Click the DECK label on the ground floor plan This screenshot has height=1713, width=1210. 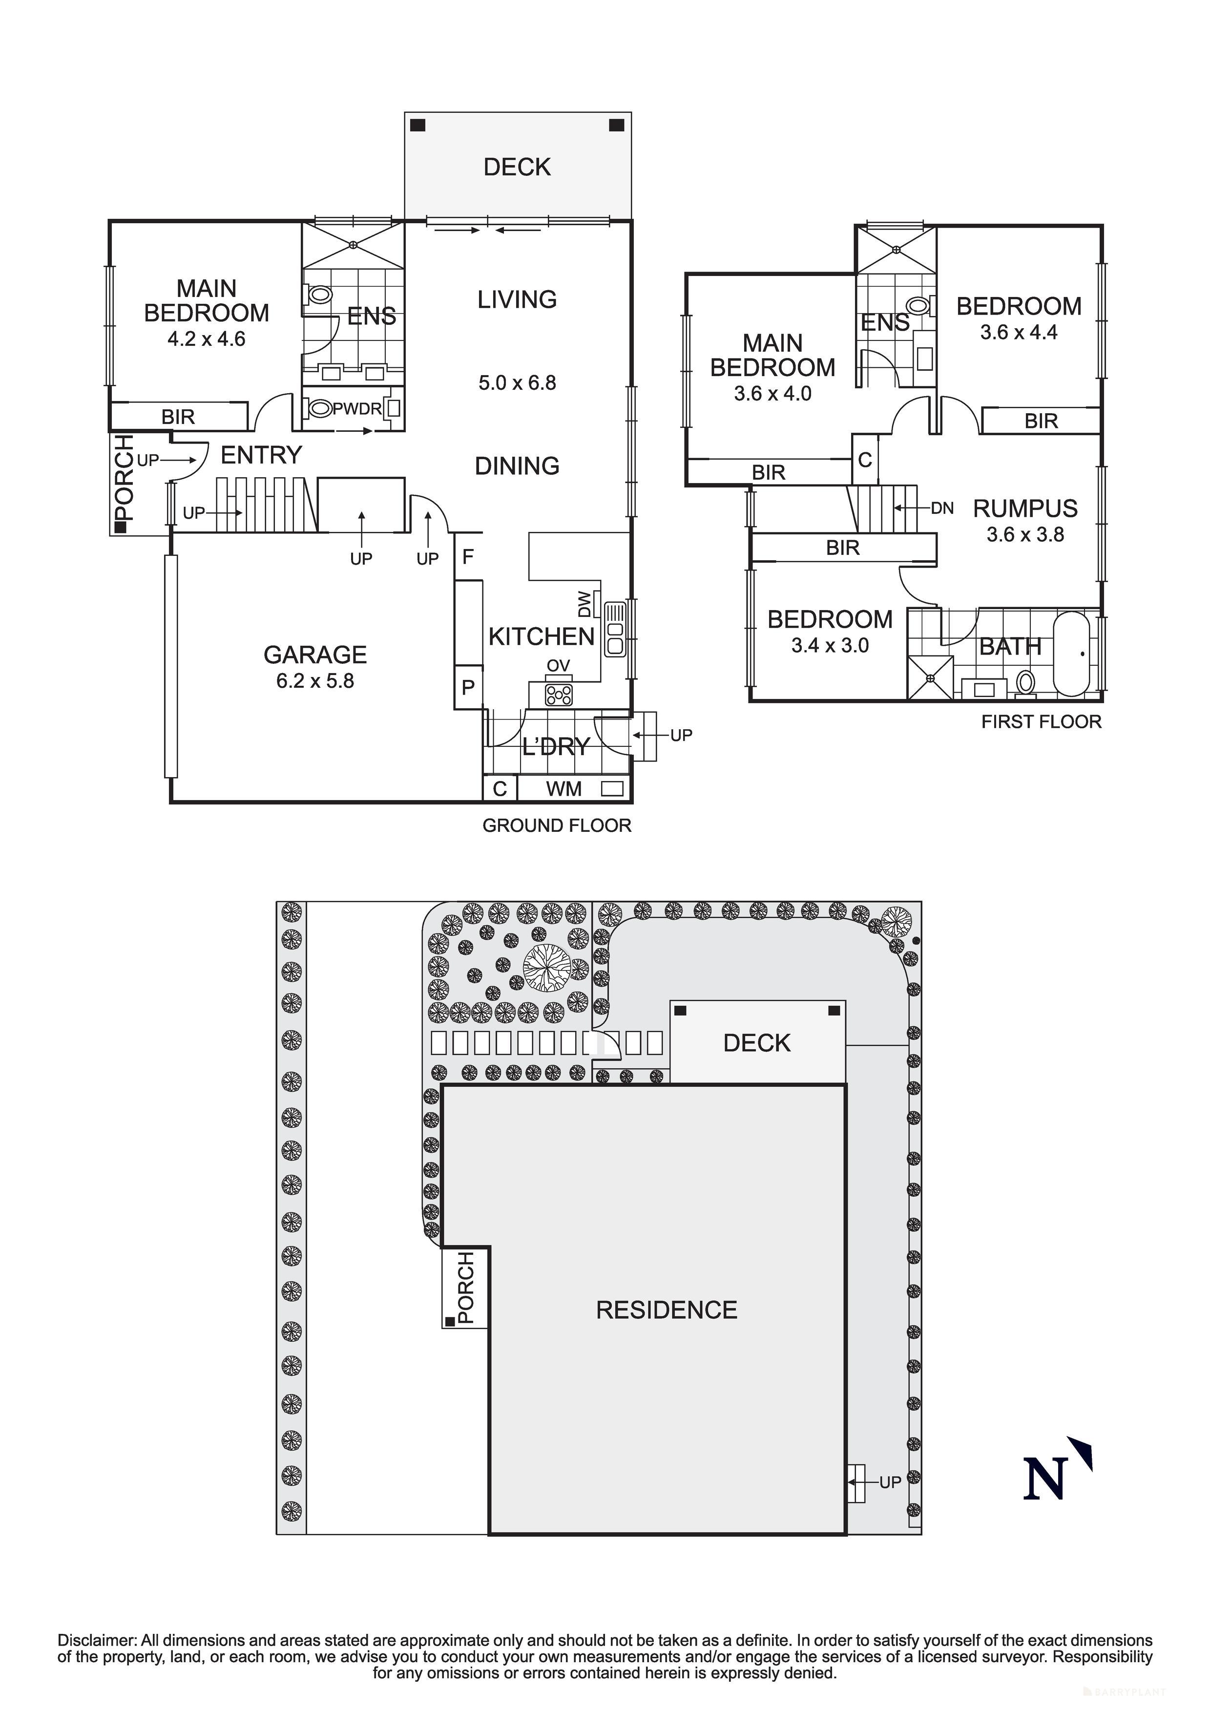pos(517,167)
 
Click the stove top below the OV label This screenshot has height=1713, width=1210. pos(559,695)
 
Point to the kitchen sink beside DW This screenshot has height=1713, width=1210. pos(615,629)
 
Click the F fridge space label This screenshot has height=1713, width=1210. pos(468,556)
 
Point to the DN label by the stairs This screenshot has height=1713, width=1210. pos(942,509)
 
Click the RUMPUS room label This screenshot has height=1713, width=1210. pos(1025,509)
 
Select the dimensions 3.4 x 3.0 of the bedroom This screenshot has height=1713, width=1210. pos(830,645)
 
